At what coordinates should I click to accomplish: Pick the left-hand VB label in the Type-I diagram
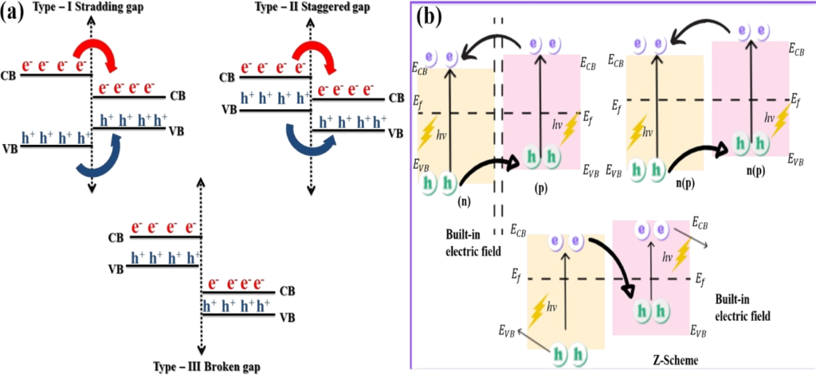[x=11, y=149]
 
